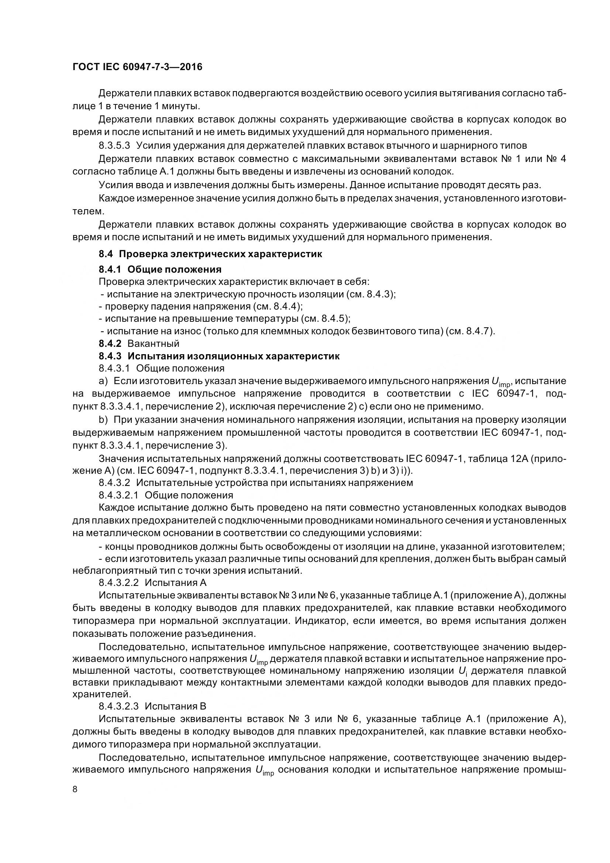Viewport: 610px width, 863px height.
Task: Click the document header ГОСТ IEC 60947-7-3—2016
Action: click(137, 67)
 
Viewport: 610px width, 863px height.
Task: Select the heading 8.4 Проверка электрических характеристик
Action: click(210, 254)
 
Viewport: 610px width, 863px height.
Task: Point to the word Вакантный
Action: click(154, 344)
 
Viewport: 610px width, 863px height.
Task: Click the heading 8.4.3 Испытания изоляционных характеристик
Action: click(219, 356)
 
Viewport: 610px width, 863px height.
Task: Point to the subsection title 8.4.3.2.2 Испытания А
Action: click(153, 583)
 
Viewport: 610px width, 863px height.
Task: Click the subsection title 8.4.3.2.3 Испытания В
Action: click(153, 706)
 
